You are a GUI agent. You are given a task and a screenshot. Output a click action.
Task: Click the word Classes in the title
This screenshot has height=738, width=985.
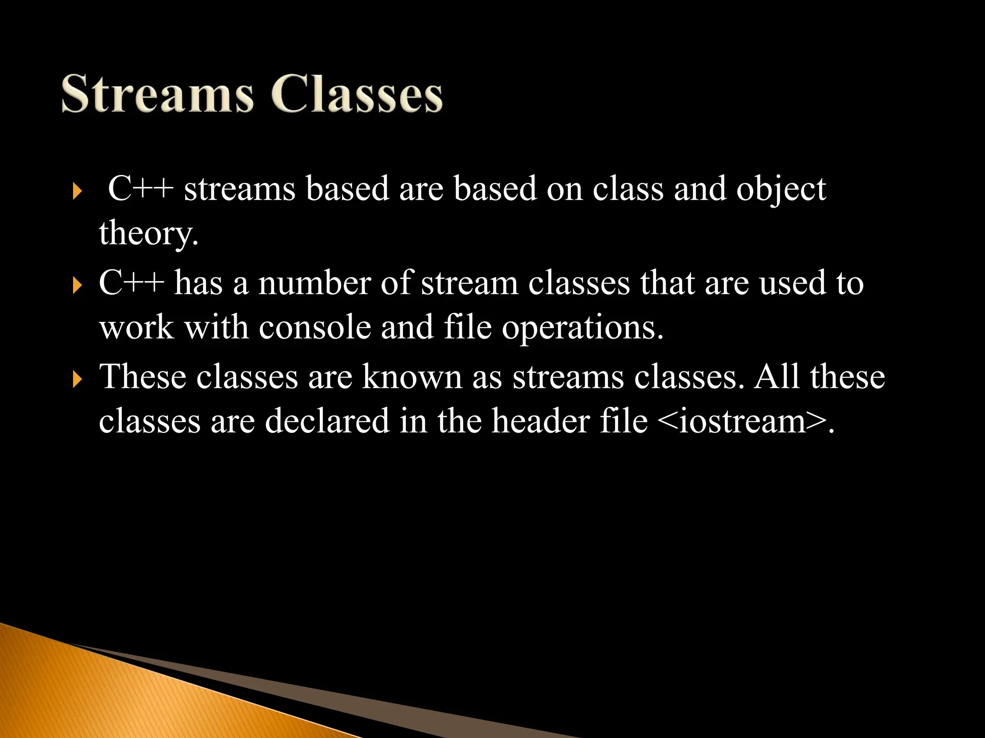click(356, 94)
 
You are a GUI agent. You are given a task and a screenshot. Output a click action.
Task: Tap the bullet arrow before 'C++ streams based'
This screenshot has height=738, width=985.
click(77, 193)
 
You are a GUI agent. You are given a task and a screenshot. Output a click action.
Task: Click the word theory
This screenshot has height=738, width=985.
click(148, 234)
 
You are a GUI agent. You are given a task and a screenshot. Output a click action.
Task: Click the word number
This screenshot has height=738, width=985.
click(315, 283)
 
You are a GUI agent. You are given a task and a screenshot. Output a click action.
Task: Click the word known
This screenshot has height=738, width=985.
click(412, 377)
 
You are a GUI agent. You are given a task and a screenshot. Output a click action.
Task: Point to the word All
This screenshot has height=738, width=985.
click(776, 377)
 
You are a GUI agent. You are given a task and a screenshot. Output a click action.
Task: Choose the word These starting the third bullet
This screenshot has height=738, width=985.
click(142, 377)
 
